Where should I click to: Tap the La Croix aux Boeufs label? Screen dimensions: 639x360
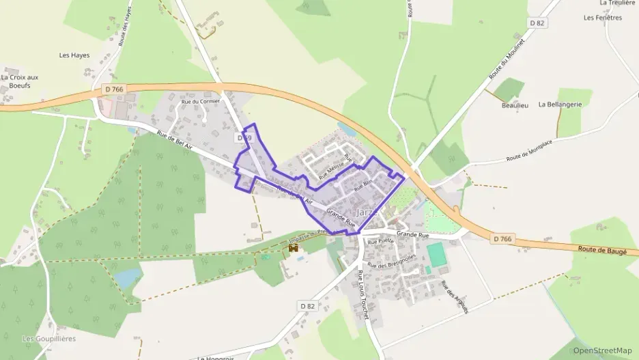[20, 81]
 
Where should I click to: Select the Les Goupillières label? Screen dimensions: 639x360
[48, 339]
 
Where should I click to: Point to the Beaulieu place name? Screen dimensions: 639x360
[515, 106]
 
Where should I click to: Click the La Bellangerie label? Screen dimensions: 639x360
[560, 105]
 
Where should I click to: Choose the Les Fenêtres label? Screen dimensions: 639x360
[603, 18]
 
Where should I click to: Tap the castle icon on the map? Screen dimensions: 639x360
[294, 249]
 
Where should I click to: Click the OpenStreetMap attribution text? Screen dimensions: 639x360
[603, 350]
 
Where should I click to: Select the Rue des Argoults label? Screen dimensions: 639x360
[455, 297]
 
